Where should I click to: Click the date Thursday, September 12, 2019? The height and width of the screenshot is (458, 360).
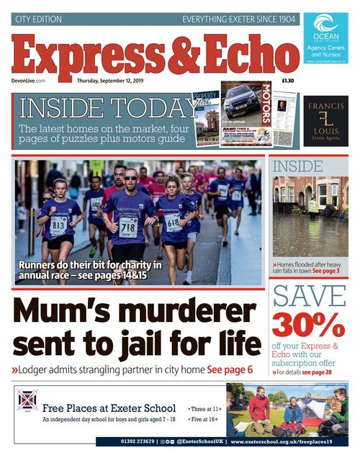[111, 81]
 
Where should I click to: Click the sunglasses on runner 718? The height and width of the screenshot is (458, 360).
[130, 177]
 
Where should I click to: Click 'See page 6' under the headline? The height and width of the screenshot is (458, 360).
[230, 369]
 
